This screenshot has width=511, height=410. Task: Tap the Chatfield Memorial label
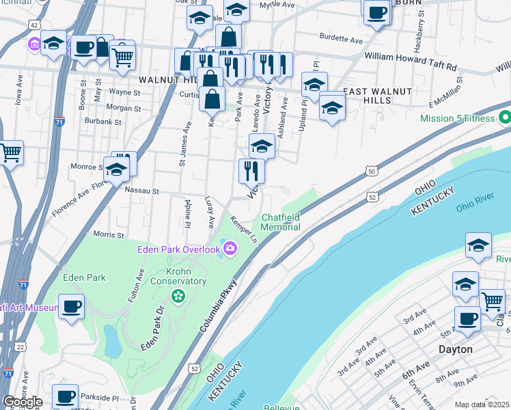click(x=280, y=223)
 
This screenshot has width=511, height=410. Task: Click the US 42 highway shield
click(x=33, y=24)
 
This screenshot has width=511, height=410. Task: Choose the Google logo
click(x=23, y=402)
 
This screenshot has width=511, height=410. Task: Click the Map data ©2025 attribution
click(x=481, y=405)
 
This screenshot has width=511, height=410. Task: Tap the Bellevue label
click(x=282, y=407)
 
